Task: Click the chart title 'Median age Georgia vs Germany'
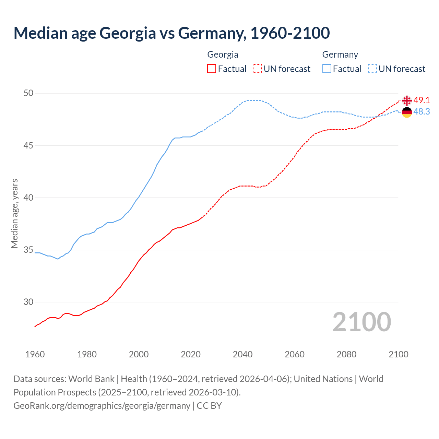[171, 33]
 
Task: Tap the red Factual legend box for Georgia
[212, 69]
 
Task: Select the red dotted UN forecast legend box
[257, 69]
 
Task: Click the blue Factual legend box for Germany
[327, 69]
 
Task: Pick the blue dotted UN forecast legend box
[372, 69]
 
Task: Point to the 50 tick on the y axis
[29, 93]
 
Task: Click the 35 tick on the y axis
[29, 250]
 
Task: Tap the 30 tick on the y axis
[29, 302]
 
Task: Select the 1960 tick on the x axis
[35, 354]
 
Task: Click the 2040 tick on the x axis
[242, 354]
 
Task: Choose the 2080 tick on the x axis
[346, 354]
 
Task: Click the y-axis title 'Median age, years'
[14, 213]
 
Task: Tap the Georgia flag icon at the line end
[407, 101]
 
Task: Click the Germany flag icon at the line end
[407, 112]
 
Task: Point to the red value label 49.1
[422, 100]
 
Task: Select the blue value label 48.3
[422, 112]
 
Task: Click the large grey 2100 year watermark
[362, 322]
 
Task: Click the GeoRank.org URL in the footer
[102, 406]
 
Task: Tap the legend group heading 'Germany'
[340, 55]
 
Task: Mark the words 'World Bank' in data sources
[91, 379]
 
